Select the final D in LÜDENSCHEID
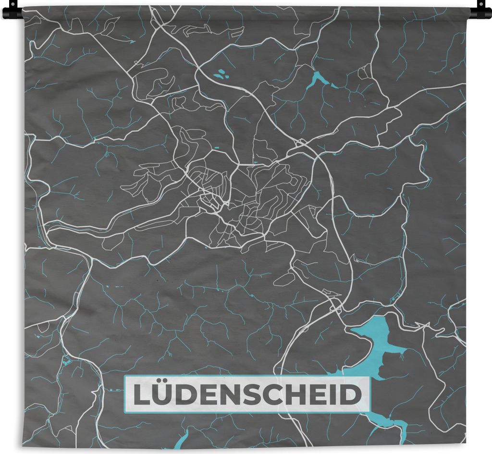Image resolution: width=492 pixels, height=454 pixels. [x=350, y=395]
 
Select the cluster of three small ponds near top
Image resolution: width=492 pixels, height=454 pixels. [x=220, y=74]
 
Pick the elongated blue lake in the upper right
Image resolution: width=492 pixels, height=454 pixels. [x=319, y=80]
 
